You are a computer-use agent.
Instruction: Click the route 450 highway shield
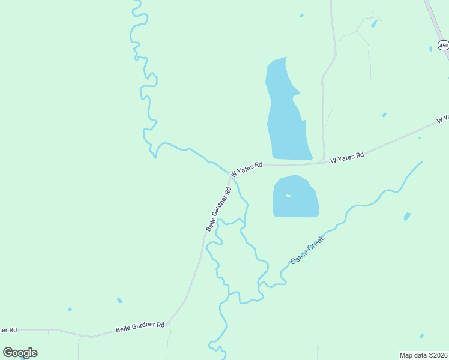click(x=443, y=46)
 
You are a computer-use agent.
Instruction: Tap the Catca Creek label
click(x=307, y=250)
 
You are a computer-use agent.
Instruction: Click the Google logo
click(x=20, y=353)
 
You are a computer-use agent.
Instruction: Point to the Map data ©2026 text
click(x=424, y=355)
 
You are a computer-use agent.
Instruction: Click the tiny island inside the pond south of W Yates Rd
click(x=289, y=196)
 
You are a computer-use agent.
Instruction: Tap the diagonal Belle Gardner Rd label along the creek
click(x=218, y=209)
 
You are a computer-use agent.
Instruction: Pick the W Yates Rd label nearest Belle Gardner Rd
click(x=246, y=168)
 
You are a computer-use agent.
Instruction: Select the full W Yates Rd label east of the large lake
click(x=347, y=155)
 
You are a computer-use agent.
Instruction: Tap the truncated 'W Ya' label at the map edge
click(x=443, y=119)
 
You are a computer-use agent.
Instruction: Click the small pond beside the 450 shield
click(x=430, y=49)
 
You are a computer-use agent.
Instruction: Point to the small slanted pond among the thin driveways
click(x=375, y=24)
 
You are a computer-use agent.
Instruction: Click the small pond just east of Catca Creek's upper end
click(x=408, y=216)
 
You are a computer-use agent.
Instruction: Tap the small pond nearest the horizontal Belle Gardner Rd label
click(x=120, y=300)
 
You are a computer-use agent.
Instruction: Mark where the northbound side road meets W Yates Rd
click(x=324, y=161)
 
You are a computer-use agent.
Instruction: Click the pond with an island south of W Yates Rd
click(x=295, y=197)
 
